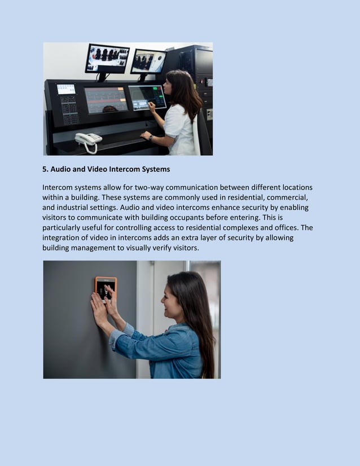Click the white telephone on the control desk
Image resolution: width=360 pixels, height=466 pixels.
point(88,139)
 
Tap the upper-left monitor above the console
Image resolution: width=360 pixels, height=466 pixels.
point(107,59)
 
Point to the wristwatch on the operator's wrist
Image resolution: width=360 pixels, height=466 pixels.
point(151,137)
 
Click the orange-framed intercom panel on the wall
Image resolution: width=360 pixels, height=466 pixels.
point(106,288)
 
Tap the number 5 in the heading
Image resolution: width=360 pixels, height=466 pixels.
point(45,169)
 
